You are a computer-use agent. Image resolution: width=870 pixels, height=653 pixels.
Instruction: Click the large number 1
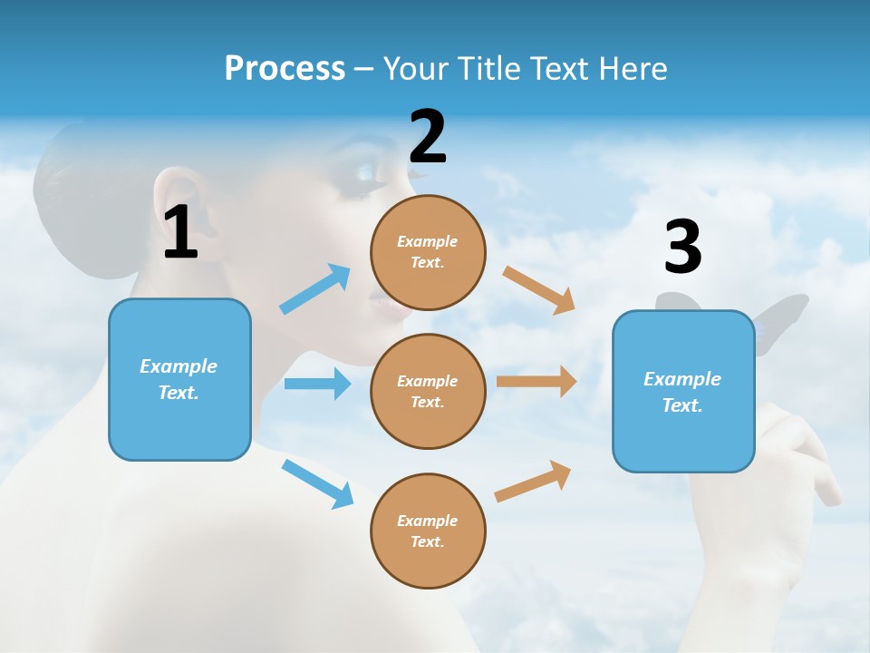(180, 232)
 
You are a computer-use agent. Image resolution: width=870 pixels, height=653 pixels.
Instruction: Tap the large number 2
(428, 137)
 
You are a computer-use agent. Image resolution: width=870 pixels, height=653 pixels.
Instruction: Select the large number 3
(682, 247)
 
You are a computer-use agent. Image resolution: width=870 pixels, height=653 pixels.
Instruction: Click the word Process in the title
(285, 68)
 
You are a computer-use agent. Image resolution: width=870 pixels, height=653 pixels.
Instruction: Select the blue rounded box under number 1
(179, 379)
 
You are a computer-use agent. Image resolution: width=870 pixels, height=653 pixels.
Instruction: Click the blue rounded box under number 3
(683, 391)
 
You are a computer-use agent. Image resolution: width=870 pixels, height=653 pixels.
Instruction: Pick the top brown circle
(428, 252)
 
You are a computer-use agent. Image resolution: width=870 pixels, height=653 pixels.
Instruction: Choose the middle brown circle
(428, 391)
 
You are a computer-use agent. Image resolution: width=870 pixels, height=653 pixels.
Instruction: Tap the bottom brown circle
(428, 531)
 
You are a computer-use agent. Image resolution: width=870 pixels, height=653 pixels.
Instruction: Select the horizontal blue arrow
(317, 384)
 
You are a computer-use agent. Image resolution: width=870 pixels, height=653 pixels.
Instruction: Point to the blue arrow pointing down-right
(318, 482)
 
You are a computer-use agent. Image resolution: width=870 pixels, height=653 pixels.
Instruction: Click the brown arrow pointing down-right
(539, 289)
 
